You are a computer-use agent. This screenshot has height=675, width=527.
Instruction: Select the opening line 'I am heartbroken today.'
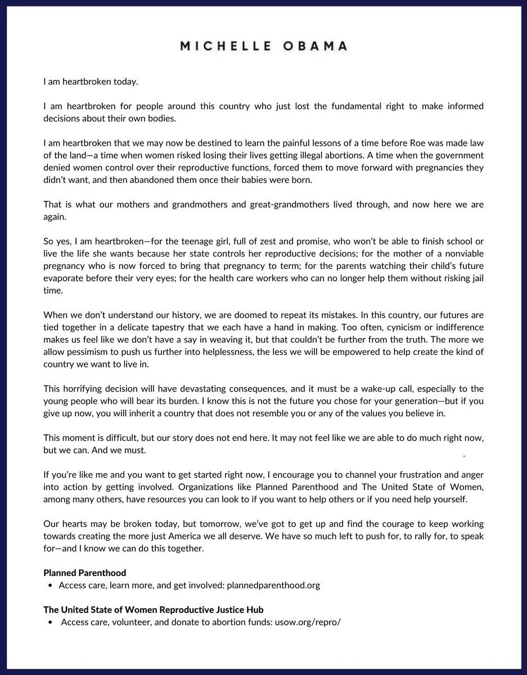91,82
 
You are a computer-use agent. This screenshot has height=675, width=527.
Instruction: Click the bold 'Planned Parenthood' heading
85,573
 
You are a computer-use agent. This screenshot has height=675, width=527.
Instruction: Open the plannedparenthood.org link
273,585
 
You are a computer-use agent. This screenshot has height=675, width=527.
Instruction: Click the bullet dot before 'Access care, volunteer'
52,622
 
